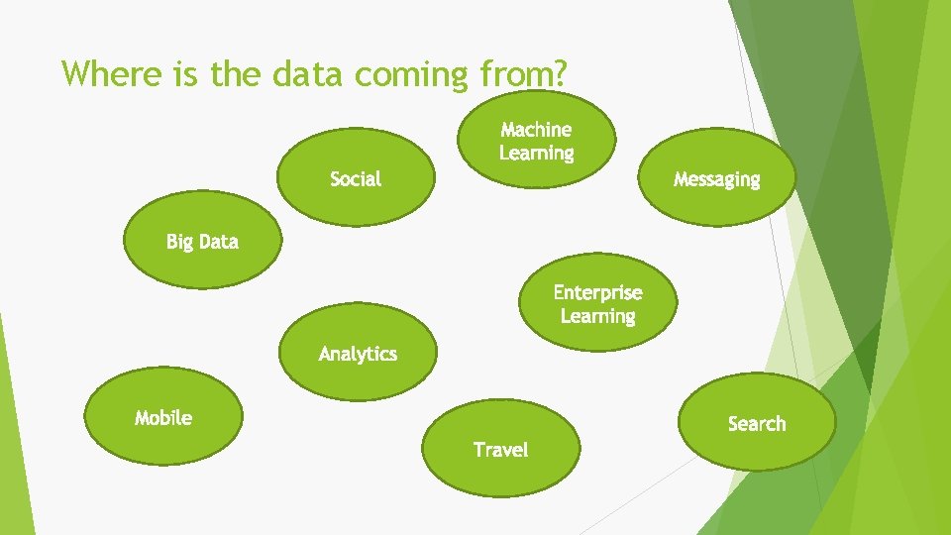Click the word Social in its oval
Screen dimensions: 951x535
pos(356,179)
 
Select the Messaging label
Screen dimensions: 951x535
pos(716,179)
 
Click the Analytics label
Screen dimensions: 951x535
pos(358,354)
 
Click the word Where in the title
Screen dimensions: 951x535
pos(106,73)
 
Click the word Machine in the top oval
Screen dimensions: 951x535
pos(536,130)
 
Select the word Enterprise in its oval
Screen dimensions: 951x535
pos(597,292)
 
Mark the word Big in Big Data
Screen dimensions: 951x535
pos(179,242)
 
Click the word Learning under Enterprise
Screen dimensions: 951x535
pos(597,316)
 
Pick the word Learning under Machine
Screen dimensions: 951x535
pos(536,154)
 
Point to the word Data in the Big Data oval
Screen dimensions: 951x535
pos(218,242)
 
